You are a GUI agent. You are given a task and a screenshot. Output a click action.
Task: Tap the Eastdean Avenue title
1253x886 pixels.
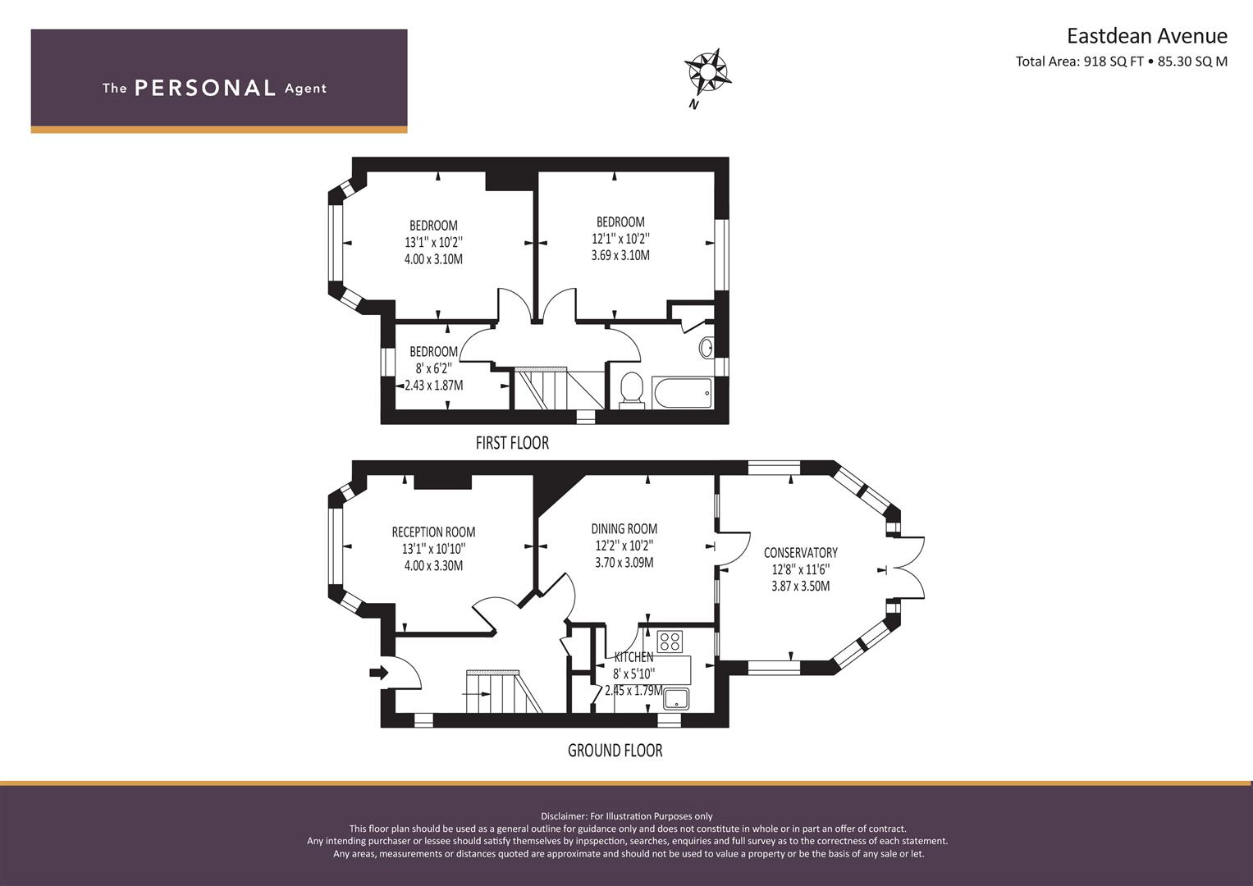(x=1146, y=36)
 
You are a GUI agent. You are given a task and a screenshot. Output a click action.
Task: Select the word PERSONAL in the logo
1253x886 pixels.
(x=204, y=88)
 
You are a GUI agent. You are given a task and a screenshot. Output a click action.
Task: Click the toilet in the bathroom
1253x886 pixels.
(x=631, y=389)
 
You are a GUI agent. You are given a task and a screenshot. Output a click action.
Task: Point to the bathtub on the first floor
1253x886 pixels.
(x=682, y=392)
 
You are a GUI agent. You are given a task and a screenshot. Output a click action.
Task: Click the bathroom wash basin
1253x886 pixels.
(x=707, y=348)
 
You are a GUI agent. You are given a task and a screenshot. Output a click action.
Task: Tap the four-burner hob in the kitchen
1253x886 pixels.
(x=670, y=640)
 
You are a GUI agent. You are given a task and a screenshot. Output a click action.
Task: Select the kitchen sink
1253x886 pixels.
(x=676, y=699)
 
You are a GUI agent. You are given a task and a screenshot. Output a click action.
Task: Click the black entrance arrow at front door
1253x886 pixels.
(x=378, y=673)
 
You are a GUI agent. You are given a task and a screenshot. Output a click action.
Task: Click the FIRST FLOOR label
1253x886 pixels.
(x=512, y=443)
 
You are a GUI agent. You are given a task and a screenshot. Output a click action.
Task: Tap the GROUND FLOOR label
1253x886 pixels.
(x=615, y=750)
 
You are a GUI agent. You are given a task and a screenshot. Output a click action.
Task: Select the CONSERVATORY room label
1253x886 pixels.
(x=800, y=552)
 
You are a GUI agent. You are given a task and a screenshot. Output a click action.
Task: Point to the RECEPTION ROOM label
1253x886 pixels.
(x=433, y=532)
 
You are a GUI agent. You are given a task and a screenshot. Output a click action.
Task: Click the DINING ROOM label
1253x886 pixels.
(x=624, y=529)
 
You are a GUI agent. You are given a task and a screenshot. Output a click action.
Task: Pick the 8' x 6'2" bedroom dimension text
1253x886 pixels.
(x=433, y=368)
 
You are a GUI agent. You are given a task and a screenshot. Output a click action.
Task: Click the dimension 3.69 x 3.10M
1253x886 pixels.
(x=620, y=255)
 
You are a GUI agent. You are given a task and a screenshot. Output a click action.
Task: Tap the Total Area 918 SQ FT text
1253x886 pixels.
(x=1079, y=62)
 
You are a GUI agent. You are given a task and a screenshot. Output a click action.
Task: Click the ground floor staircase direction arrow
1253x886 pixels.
(x=476, y=693)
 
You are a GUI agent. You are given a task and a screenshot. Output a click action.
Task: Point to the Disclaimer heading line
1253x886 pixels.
(x=626, y=815)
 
